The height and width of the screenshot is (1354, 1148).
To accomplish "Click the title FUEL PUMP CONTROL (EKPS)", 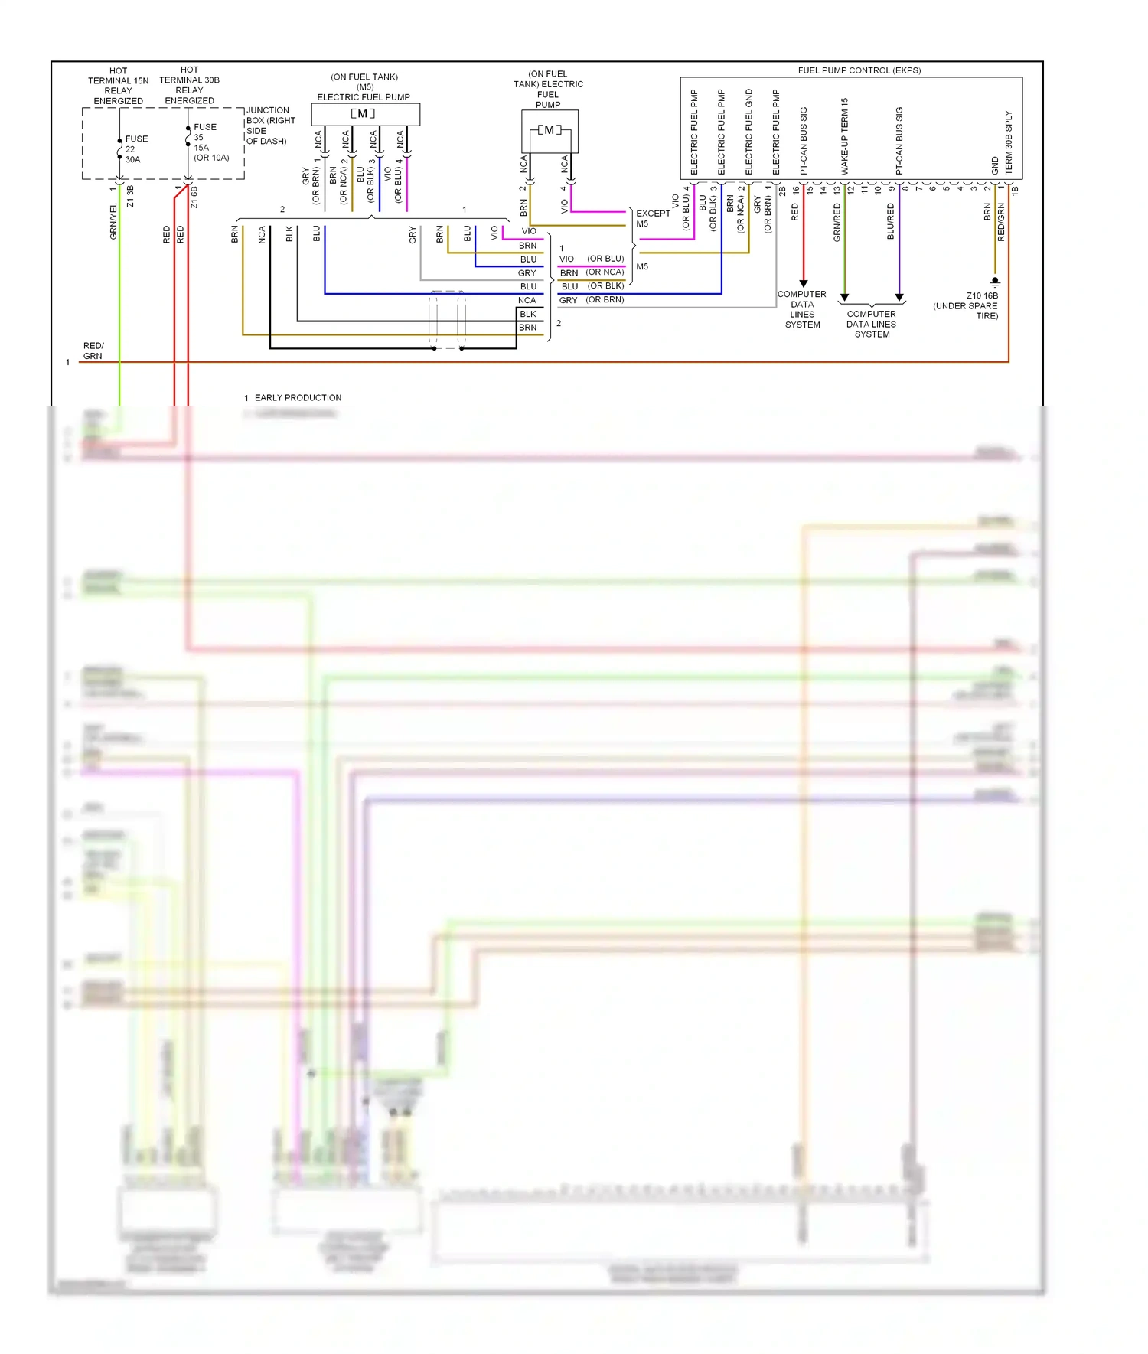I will [x=859, y=70].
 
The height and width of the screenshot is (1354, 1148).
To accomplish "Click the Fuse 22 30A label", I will [x=135, y=149].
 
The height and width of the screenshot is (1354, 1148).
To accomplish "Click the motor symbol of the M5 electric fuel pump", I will [x=364, y=114].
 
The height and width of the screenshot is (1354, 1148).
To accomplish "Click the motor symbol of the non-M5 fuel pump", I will [x=549, y=130].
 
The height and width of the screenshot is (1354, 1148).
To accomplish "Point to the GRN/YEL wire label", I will [x=113, y=221].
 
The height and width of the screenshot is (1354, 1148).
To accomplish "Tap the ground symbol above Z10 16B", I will [x=995, y=282].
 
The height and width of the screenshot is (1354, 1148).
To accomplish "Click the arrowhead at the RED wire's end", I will [x=803, y=284].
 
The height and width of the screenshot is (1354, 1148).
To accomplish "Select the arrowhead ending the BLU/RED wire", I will [x=899, y=297].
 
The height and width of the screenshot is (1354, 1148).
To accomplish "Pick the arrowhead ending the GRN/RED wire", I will [x=844, y=297].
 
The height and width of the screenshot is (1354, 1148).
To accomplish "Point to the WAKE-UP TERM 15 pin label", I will [x=845, y=136].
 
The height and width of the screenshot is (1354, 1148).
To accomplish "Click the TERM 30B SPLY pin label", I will [x=1009, y=142].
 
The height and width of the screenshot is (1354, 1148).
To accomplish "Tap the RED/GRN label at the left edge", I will [x=93, y=351].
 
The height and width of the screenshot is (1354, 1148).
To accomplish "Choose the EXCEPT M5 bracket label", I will [x=652, y=219].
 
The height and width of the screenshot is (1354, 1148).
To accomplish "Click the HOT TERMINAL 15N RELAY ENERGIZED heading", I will [x=118, y=86].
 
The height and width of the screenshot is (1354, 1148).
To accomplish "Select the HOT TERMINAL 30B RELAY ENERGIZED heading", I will [x=189, y=85].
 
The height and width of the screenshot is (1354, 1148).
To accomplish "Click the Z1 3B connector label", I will [x=130, y=196].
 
